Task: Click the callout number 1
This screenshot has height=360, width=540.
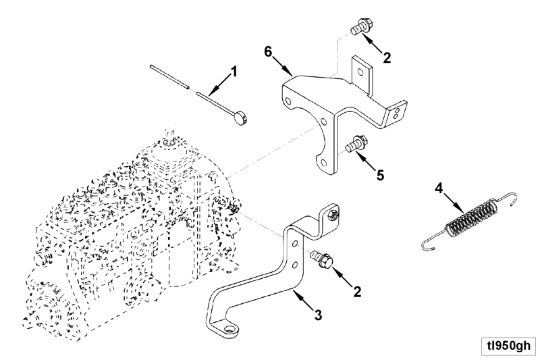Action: click(x=234, y=72)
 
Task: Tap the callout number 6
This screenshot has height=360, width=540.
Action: click(x=268, y=52)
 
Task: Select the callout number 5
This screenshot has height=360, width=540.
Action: click(x=380, y=175)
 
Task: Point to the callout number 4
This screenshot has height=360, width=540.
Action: click(x=438, y=188)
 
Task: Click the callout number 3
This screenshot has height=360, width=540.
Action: click(x=318, y=315)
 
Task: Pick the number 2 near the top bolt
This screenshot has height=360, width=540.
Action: click(x=387, y=57)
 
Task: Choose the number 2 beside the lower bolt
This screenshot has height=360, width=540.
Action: click(x=358, y=292)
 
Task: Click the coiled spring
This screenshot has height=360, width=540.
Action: click(x=469, y=220)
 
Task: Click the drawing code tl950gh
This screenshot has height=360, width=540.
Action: click(x=508, y=346)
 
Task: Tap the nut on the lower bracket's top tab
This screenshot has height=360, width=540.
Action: click(x=333, y=215)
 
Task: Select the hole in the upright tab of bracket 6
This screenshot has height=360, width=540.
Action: click(x=360, y=72)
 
